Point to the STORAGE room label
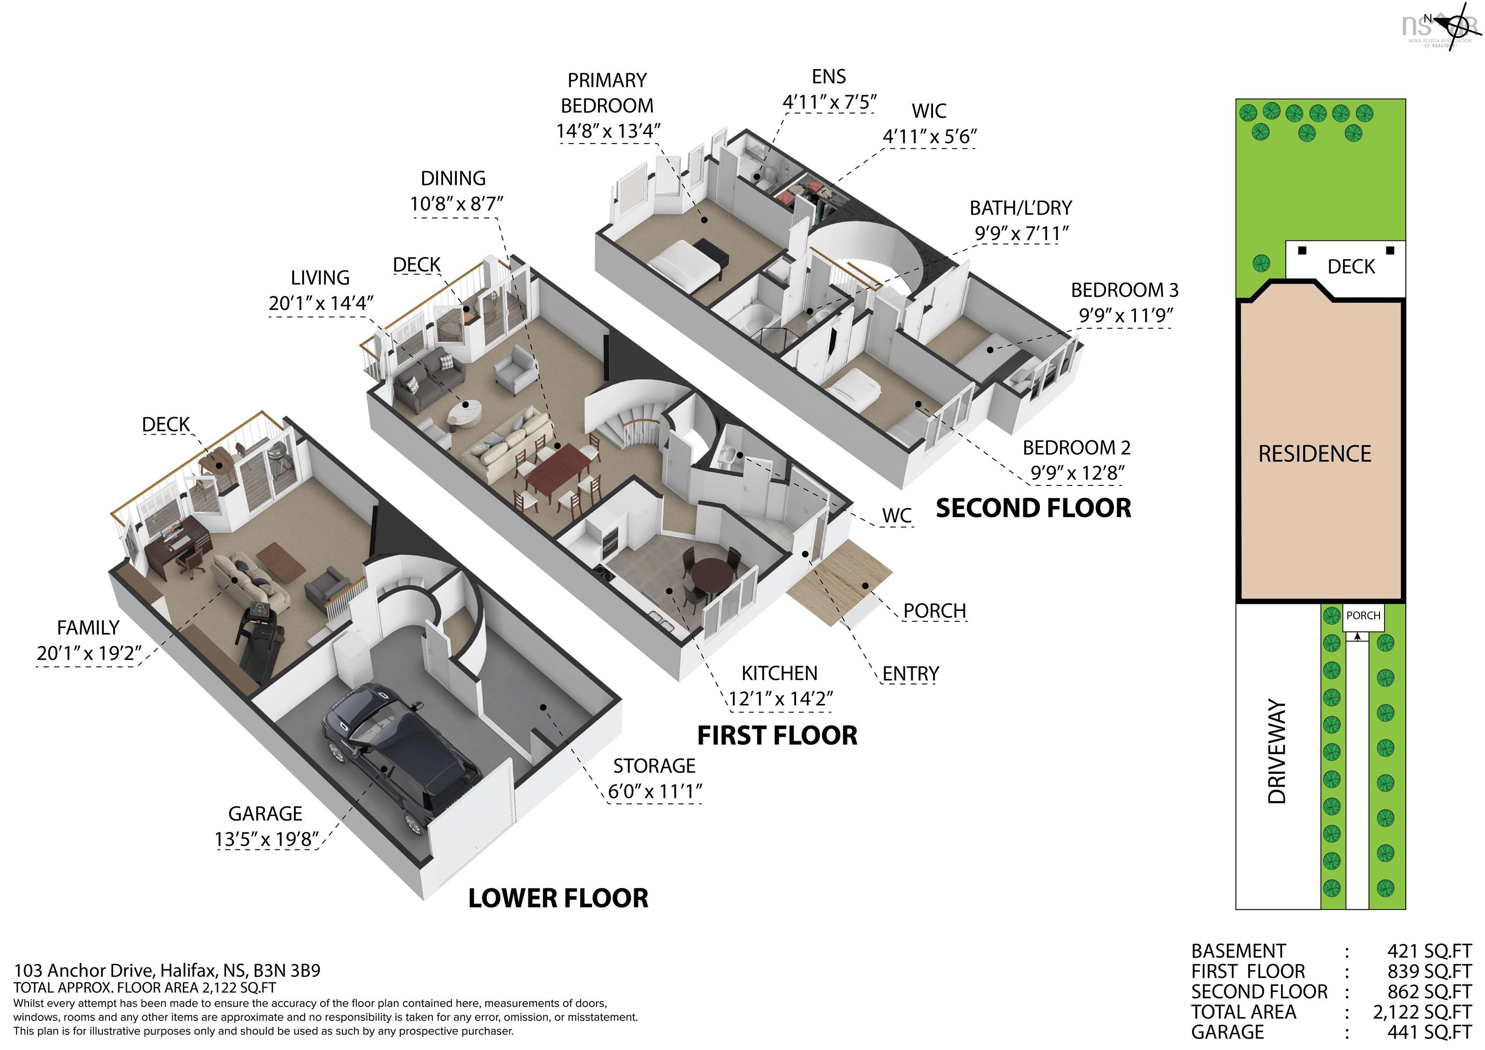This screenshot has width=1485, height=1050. [x=654, y=766]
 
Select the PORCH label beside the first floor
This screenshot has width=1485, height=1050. [x=934, y=611]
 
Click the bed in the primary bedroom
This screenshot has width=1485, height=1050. [x=685, y=264]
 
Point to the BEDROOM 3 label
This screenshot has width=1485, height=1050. [x=1124, y=291]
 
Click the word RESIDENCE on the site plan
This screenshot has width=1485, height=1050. [x=1314, y=454]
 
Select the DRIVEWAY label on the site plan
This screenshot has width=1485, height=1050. [x=1278, y=750]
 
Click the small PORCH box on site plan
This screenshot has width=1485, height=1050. [x=1363, y=616]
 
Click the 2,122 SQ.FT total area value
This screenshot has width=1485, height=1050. [x=1422, y=1012]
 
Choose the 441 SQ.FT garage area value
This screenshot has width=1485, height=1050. [x=1429, y=1032]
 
